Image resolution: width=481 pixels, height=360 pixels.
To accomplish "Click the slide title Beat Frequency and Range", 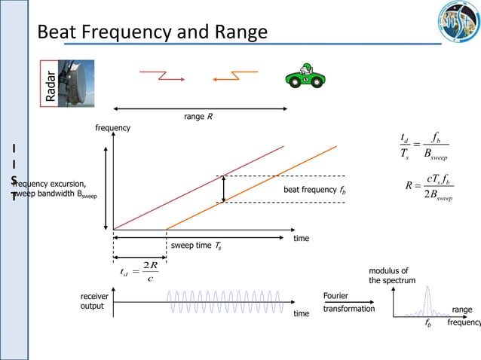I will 152,33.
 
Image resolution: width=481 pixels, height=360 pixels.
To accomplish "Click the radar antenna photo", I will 78,82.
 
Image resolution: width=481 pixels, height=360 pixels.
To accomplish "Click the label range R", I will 198,117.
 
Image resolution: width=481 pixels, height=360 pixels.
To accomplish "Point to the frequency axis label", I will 112,128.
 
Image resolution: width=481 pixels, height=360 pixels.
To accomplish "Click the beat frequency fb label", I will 314,191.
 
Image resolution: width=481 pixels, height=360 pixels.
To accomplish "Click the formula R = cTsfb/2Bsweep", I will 427,189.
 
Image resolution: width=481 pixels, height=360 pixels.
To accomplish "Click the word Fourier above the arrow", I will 335,296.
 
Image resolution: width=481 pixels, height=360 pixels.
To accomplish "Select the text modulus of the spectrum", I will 389,276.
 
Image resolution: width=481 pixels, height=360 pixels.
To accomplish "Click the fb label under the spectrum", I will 427,329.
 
